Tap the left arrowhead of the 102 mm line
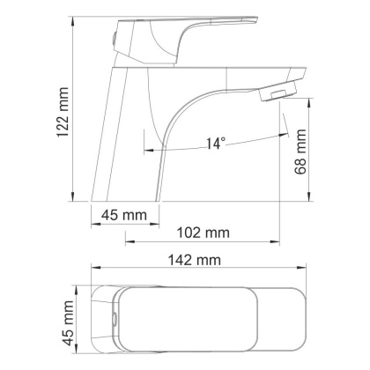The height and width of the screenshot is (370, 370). (x=127, y=240)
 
